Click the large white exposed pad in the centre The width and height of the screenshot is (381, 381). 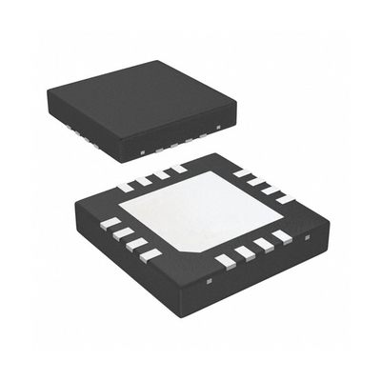pyautogui.click(x=200, y=210)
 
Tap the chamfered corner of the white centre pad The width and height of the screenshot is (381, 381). pyautogui.click(x=193, y=250)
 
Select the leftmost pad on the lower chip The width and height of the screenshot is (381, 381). pyautogui.click(x=111, y=223)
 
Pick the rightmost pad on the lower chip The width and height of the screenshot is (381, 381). pyautogui.click(x=282, y=197)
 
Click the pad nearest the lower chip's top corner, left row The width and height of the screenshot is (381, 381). pyautogui.click(x=177, y=169)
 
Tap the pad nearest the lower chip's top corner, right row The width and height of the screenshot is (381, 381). pyautogui.click(x=239, y=172)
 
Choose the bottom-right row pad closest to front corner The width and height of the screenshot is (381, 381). pyautogui.click(x=225, y=260)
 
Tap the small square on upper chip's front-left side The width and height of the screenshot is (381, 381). pyautogui.click(x=141, y=150)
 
